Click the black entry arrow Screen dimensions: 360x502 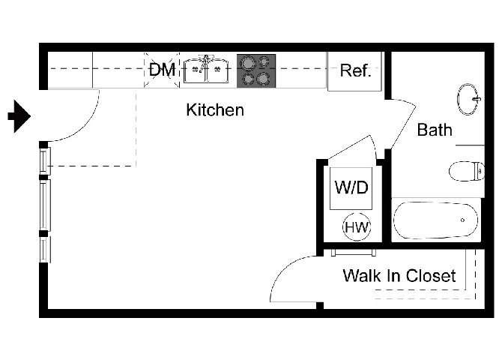[18, 116]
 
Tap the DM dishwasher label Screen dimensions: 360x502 [162, 70]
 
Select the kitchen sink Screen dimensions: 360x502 [206, 70]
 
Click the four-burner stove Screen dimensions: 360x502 [256, 70]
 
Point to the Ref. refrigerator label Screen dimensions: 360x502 [355, 71]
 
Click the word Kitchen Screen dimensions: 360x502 [215, 110]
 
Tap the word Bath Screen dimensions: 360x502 [435, 130]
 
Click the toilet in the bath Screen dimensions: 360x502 [467, 171]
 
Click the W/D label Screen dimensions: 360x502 [351, 188]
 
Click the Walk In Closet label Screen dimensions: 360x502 [399, 276]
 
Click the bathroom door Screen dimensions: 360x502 [402, 122]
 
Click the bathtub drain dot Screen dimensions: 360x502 [462, 220]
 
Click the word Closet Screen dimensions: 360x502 [431, 276]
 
